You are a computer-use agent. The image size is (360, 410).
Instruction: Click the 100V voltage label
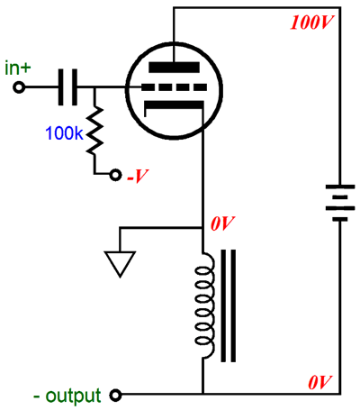pos(312,23)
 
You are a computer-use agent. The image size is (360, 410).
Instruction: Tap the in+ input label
pos(18,68)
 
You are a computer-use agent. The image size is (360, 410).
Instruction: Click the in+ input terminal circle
pos(19,87)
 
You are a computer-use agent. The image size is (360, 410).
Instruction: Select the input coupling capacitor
pos(67,87)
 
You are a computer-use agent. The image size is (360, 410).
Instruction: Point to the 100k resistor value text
pos(64,133)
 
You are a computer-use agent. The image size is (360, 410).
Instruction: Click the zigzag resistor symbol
pos(94,131)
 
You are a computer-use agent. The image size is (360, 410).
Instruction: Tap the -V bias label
pos(138,176)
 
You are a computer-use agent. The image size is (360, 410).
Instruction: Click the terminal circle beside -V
pos(115,175)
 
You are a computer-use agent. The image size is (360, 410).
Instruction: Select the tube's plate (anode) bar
pos(174,68)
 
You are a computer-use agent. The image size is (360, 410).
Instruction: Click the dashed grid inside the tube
pos(174,87)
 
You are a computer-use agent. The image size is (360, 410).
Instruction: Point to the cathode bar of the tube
pos(174,105)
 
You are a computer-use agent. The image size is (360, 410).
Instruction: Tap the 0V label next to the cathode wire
pos(222,223)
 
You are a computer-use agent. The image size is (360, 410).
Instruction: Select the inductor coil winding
pos(205,305)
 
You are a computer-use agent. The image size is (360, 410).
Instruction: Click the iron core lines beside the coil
pos(229,305)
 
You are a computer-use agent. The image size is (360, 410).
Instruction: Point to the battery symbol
pos(340,203)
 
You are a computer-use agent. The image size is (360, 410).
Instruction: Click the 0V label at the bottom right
pos(319,383)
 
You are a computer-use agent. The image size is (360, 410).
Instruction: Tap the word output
pos(73,396)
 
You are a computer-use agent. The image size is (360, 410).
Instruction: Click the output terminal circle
pos(115,395)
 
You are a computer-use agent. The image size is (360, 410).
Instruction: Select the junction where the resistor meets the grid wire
pos(94,87)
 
